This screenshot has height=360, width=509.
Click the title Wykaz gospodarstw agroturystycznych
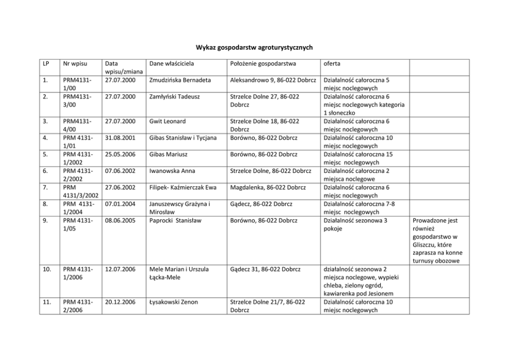254,48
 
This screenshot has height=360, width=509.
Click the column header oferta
331,64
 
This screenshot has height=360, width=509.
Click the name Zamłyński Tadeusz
174,96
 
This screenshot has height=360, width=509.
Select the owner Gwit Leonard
167,122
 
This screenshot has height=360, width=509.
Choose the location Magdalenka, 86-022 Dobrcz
268,187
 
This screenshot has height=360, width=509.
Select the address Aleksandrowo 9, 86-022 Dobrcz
272,81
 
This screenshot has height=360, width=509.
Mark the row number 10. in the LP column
47,269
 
